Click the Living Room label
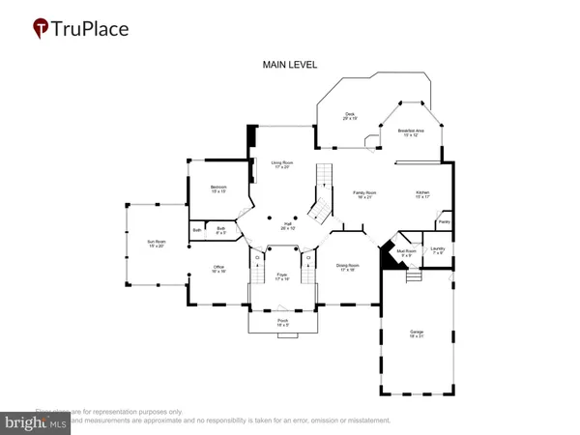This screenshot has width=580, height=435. pyautogui.click(x=282, y=165)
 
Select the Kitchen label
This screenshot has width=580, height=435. pyautogui.click(x=422, y=194)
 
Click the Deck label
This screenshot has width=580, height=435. pyautogui.click(x=350, y=116)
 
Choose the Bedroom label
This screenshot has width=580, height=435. pyautogui.click(x=219, y=188)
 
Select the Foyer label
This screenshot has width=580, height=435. pyautogui.click(x=282, y=276)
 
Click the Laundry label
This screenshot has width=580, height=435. pyautogui.click(x=437, y=250)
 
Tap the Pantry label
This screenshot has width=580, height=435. pyautogui.click(x=444, y=222)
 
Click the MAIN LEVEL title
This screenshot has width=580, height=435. pyautogui.click(x=290, y=65)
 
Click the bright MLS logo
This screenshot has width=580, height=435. pyautogui.click(x=35, y=422)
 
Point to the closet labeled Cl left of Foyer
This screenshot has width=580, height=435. pyautogui.click(x=258, y=258)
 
